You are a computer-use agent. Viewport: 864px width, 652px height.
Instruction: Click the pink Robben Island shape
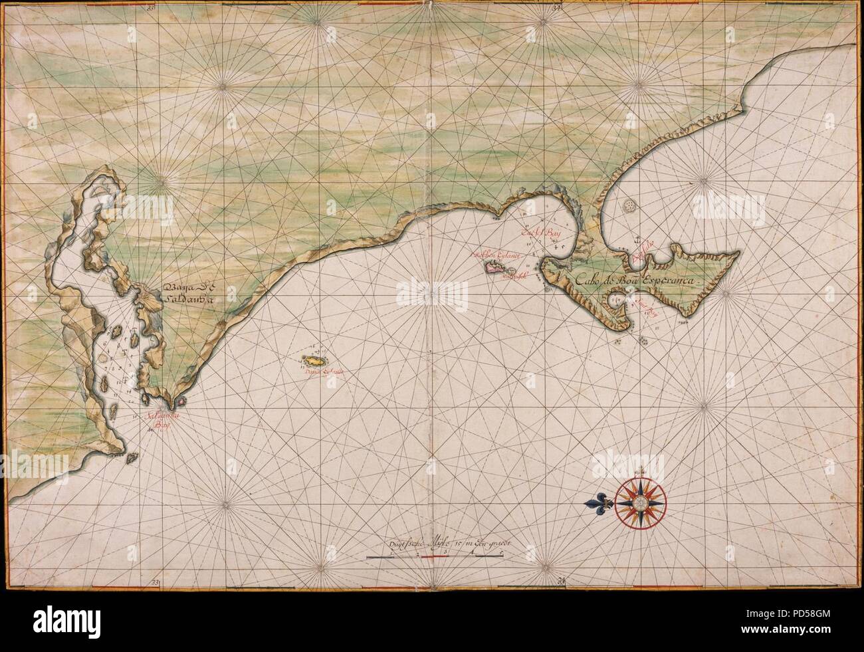pos(498,268)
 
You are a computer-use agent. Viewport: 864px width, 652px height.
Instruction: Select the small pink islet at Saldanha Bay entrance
pos(179,401)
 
